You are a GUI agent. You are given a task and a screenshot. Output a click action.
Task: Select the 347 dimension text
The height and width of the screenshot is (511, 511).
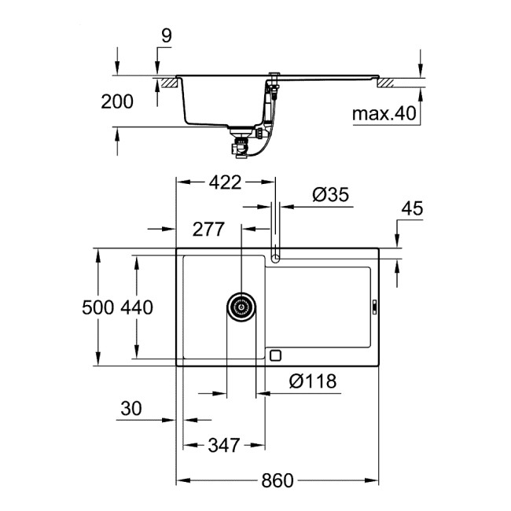(223, 445)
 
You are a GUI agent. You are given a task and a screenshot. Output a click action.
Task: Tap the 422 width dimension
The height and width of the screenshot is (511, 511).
(225, 183)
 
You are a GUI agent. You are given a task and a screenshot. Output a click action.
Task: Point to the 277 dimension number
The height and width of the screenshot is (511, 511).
(208, 230)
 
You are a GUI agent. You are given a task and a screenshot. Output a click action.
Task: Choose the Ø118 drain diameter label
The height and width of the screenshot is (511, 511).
(312, 381)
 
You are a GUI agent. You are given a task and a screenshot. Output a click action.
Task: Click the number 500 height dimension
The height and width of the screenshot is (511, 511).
(99, 307)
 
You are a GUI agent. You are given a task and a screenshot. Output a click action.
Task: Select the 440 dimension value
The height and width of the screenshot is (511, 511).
(136, 307)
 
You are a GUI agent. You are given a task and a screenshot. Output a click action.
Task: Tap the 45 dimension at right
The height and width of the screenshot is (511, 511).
(412, 208)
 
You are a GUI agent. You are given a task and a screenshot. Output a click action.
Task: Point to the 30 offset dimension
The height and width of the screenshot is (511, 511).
(132, 409)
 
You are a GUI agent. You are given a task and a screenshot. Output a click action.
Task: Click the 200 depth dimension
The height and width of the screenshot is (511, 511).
(117, 101)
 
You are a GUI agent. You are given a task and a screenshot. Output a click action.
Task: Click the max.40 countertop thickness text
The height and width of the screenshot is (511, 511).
(383, 114)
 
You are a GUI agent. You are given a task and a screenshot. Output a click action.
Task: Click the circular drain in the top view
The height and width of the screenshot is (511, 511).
(242, 307)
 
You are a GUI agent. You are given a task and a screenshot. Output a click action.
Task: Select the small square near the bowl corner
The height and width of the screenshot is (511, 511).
(274, 355)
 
